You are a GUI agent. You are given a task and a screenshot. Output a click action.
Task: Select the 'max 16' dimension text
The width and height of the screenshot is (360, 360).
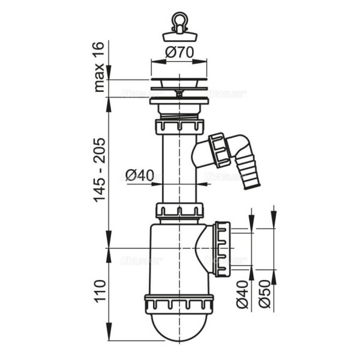pos(100,67)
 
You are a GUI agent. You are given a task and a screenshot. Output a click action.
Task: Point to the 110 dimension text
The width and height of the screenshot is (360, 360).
pos(100,295)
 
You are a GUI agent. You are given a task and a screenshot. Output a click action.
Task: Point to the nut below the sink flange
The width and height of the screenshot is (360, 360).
pos(178,127)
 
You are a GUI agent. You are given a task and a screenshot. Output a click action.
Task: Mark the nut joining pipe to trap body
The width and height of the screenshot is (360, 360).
pos(178,211)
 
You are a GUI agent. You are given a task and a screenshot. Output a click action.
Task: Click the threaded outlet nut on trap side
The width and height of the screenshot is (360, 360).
pos(221,248)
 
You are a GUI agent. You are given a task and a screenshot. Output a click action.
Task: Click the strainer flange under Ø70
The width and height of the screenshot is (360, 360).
pos(178,85)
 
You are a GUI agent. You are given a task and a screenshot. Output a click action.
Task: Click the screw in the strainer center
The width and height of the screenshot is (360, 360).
pos(179,94)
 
